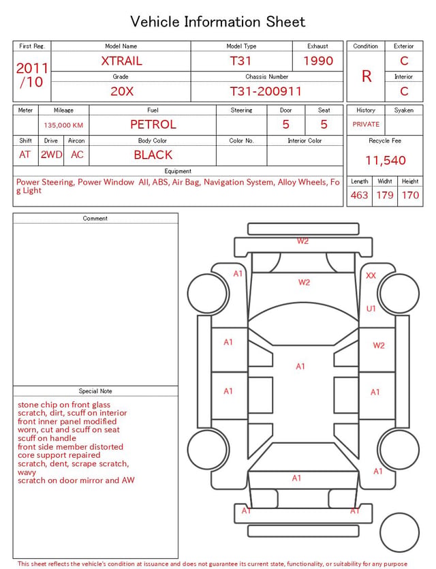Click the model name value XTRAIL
(x=121, y=61)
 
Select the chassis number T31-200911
(x=266, y=91)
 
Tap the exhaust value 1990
(x=318, y=61)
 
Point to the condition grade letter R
(x=367, y=76)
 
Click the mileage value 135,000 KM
(x=63, y=125)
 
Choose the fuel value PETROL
(x=153, y=125)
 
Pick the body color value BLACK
(x=153, y=155)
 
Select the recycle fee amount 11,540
(x=385, y=160)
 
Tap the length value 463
(x=359, y=195)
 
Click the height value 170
(x=410, y=195)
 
